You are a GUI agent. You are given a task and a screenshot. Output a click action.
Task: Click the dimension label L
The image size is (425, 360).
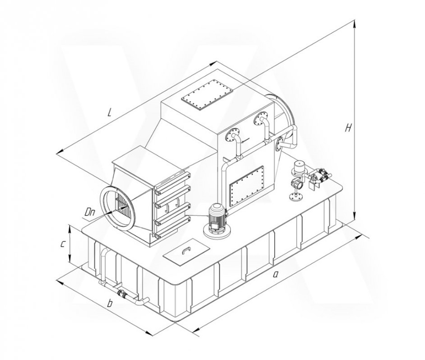tap(109, 112)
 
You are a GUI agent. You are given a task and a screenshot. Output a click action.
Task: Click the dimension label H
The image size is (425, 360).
tap(348, 127)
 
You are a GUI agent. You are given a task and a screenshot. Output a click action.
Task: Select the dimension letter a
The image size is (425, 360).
tap(276, 275)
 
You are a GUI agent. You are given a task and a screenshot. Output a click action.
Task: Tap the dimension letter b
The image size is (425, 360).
tap(109, 303)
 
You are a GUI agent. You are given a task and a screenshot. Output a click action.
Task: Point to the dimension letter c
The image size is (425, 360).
tap(62, 244)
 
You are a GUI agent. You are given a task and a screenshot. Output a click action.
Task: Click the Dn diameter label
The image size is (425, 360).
tap(89, 212)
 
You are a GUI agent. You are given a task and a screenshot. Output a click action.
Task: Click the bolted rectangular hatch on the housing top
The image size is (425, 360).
tap(207, 94)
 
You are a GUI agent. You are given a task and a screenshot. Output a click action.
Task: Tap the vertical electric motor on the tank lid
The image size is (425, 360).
tap(217, 220)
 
